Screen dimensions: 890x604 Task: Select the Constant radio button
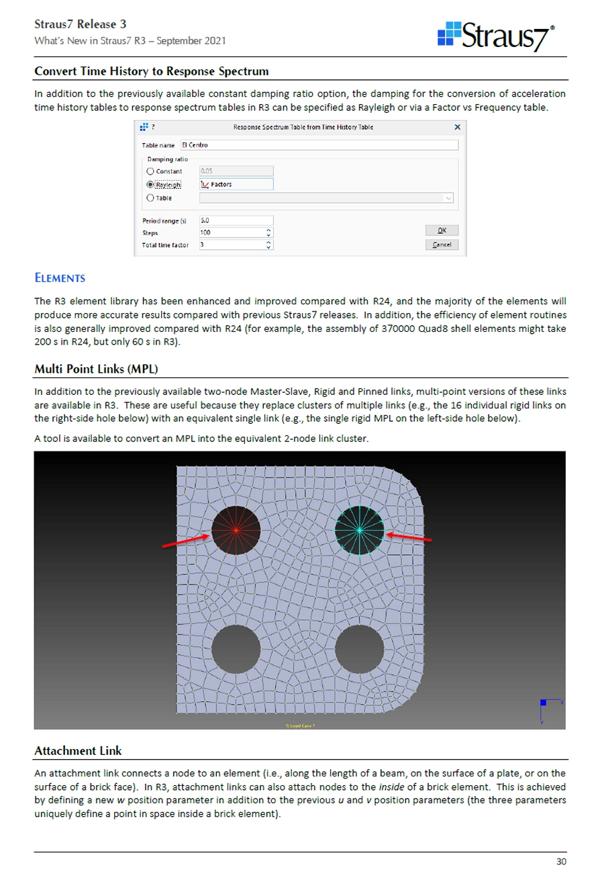tap(150, 171)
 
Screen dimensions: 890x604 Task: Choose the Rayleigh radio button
tap(150, 184)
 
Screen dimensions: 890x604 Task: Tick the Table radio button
tap(150, 198)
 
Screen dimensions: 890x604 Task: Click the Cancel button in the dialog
tap(442, 244)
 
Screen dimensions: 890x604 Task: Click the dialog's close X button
tap(457, 127)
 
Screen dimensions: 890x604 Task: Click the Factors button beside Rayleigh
tap(236, 184)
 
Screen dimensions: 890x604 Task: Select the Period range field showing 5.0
tap(236, 220)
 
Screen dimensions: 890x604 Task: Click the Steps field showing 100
tap(232, 232)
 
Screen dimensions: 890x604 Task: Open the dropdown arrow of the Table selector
tap(448, 198)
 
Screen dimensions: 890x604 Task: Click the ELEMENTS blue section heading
tap(60, 278)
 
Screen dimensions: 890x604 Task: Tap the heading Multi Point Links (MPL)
tap(96, 369)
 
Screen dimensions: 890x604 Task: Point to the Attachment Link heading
tap(78, 751)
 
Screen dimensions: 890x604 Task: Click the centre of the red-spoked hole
tap(236, 530)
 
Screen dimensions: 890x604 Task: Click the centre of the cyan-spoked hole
tap(360, 531)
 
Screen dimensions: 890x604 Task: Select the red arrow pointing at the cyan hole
tap(409, 537)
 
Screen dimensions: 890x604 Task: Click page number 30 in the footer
tap(561, 862)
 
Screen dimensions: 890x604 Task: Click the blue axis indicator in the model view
tap(544, 703)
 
